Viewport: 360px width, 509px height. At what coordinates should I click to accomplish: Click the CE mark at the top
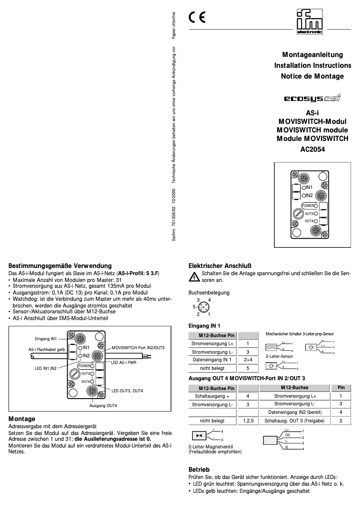pos(197,18)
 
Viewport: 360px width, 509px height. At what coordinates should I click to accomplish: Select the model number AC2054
pos(312,150)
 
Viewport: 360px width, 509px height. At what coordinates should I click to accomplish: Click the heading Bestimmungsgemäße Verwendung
pos(60,266)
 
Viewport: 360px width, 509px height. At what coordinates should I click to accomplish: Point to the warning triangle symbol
pos(194,277)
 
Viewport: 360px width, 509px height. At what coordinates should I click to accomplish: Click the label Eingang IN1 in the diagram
pos(46,338)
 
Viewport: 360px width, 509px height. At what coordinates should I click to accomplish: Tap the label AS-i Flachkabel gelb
pos(47,349)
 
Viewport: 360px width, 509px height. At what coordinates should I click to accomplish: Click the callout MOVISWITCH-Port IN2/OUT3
pos(138,348)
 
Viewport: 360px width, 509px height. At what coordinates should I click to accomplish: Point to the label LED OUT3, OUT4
pos(127,391)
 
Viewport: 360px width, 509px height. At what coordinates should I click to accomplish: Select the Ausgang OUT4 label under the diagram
pos(103,406)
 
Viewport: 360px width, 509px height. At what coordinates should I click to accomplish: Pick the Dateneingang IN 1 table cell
pos(212,360)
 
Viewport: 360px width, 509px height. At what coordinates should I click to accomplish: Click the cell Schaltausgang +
pos(212,396)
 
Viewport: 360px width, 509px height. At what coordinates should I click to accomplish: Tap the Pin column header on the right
pos(341,387)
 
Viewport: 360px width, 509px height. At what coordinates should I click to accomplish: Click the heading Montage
pos(22,418)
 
